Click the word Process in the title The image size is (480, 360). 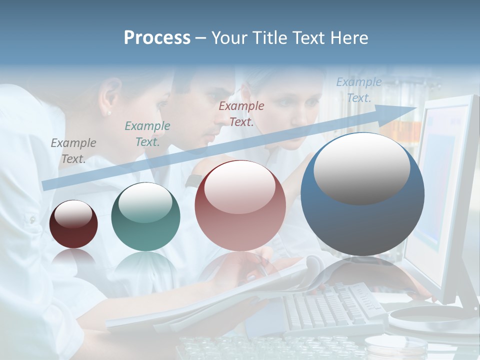click(x=157, y=38)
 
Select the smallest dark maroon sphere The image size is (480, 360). click(x=73, y=224)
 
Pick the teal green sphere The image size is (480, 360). click(x=145, y=216)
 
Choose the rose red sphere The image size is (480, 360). click(x=240, y=205)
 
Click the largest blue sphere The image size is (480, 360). click(x=362, y=194)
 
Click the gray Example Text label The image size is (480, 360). click(x=73, y=150)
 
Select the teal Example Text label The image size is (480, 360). click(x=147, y=133)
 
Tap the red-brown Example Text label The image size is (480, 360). click(x=241, y=113)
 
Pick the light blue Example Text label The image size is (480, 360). click(x=359, y=90)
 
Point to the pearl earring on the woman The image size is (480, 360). click(x=109, y=113)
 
